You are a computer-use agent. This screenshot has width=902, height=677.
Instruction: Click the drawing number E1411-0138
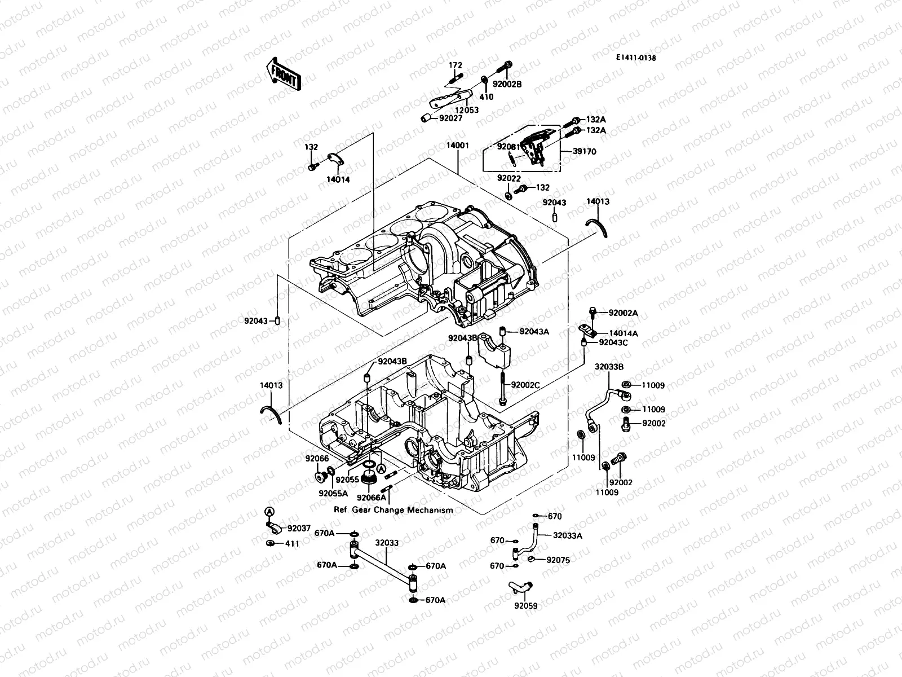[x=635, y=58]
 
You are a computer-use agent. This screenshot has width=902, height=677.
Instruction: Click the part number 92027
[x=450, y=118]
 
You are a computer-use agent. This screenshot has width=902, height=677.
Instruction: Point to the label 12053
[x=467, y=110]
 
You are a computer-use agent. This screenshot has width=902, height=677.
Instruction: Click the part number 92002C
[x=525, y=385]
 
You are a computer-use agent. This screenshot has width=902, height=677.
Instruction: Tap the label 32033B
[x=609, y=366]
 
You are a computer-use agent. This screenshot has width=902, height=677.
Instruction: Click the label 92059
[x=525, y=606]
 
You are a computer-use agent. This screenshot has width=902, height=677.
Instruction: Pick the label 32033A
[x=567, y=536]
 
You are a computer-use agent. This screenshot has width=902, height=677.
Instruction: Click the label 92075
[x=558, y=560]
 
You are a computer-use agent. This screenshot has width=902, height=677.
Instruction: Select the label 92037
[x=299, y=529]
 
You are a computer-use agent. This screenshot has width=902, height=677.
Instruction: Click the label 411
[x=293, y=543]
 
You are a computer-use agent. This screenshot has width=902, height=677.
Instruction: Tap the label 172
[x=456, y=65]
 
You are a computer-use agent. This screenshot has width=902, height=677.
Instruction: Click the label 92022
[x=509, y=178]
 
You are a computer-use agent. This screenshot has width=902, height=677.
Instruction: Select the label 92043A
[x=534, y=332]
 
